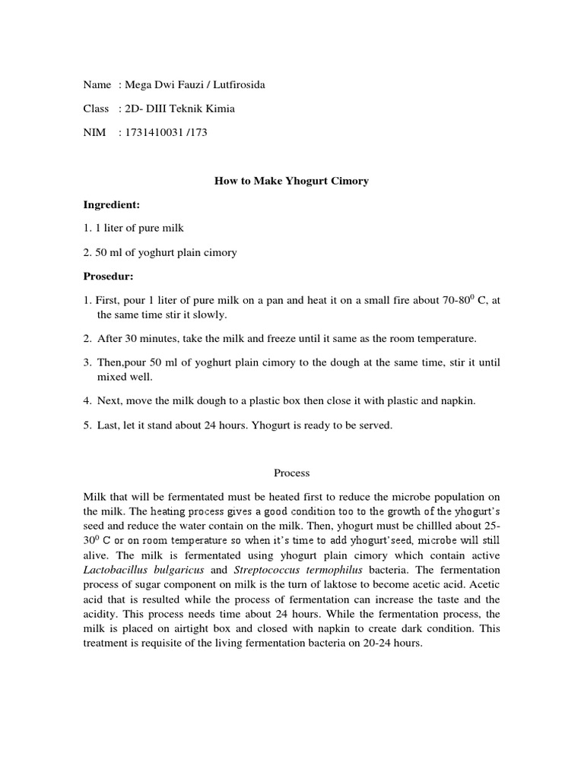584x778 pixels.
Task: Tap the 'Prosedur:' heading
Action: click(x=108, y=276)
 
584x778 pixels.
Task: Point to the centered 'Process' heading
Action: click(x=292, y=473)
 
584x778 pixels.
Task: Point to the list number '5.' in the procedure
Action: click(x=87, y=425)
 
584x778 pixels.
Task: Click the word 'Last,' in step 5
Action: click(x=110, y=425)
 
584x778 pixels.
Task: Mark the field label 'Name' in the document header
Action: click(x=97, y=84)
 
